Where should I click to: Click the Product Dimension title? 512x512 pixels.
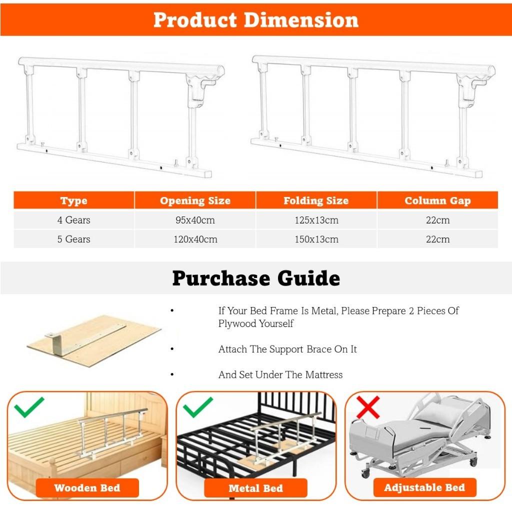[x=255, y=20]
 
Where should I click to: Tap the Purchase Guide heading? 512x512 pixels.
[x=255, y=278]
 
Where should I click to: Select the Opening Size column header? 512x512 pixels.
[x=195, y=201]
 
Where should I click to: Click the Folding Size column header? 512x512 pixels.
[x=316, y=201]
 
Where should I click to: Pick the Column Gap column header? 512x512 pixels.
[x=437, y=201]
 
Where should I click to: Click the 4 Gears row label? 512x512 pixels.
[x=73, y=220]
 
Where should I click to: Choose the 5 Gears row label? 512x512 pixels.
[x=73, y=239]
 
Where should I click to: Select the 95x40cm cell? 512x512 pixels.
[x=195, y=220]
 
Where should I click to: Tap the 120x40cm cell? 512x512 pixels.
[x=195, y=239]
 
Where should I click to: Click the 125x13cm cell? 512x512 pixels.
[x=316, y=220]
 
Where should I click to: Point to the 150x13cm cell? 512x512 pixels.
[x=316, y=239]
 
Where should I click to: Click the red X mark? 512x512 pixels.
[x=368, y=407]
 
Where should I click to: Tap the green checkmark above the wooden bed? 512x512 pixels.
[x=29, y=407]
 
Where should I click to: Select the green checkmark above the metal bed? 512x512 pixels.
[x=198, y=407]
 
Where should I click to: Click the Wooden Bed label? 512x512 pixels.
[x=87, y=488]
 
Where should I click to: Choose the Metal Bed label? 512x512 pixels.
[x=255, y=488]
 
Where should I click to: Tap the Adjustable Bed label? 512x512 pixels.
[x=424, y=487]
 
